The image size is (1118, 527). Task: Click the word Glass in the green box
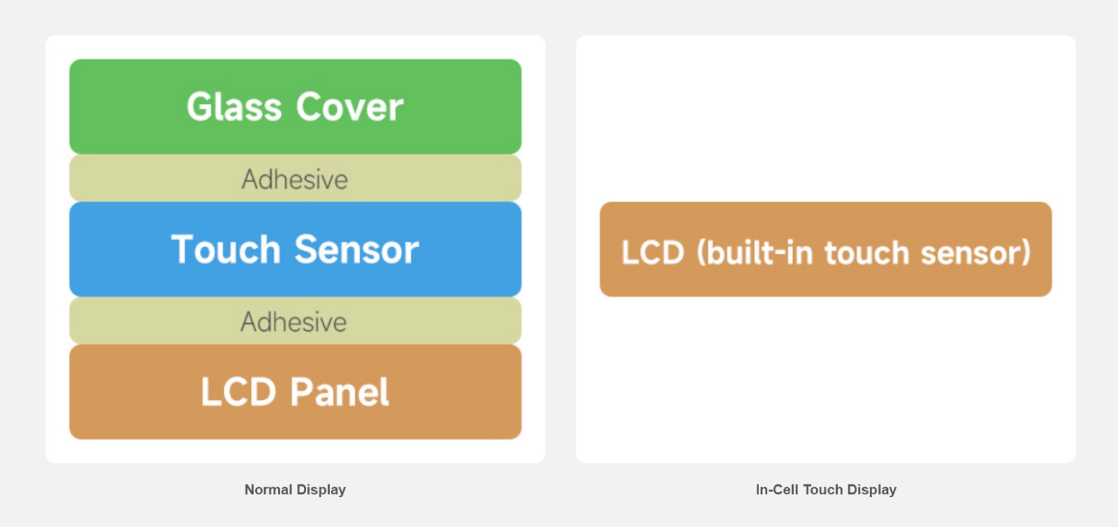point(233,107)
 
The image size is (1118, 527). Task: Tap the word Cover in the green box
point(349,107)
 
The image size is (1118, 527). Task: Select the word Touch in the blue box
point(226,248)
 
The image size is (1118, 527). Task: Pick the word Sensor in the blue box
point(357,248)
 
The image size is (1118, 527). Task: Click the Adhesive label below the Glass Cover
point(294,179)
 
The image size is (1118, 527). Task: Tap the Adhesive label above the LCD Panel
point(293,322)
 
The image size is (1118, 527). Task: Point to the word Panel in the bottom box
point(340,392)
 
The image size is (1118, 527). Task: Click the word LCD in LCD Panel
point(238,392)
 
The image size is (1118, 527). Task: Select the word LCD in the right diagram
point(653,252)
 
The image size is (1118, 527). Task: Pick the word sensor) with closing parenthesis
point(975,252)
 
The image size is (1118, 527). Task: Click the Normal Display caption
point(295,489)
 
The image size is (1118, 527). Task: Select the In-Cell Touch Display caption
point(826,489)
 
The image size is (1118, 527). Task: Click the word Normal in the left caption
point(268,489)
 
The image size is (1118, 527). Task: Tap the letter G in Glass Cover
point(198,107)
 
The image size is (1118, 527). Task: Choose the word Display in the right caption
point(871,489)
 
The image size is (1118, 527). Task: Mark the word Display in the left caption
point(321,489)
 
